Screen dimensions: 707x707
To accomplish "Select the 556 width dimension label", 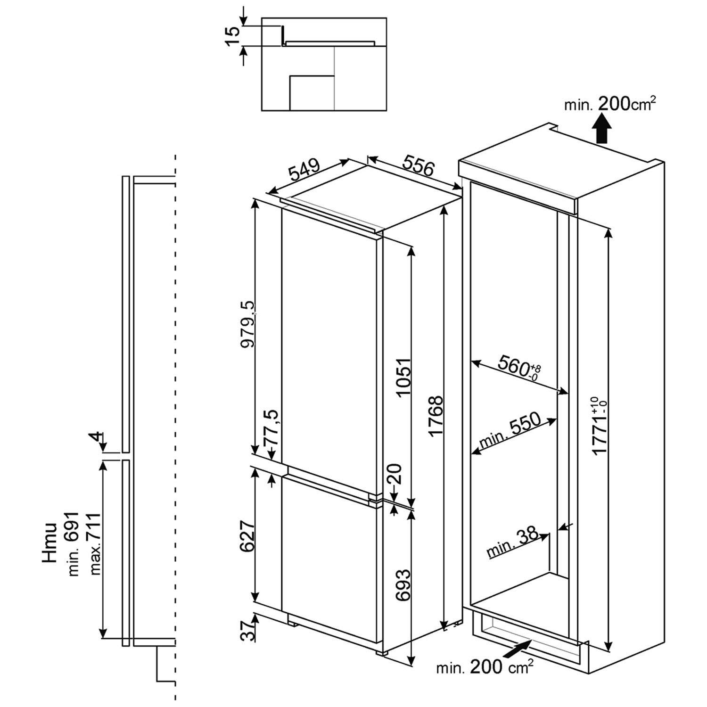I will (418, 166).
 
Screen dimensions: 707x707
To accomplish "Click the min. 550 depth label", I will (509, 431).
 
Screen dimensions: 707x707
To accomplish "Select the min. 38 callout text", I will (512, 542).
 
